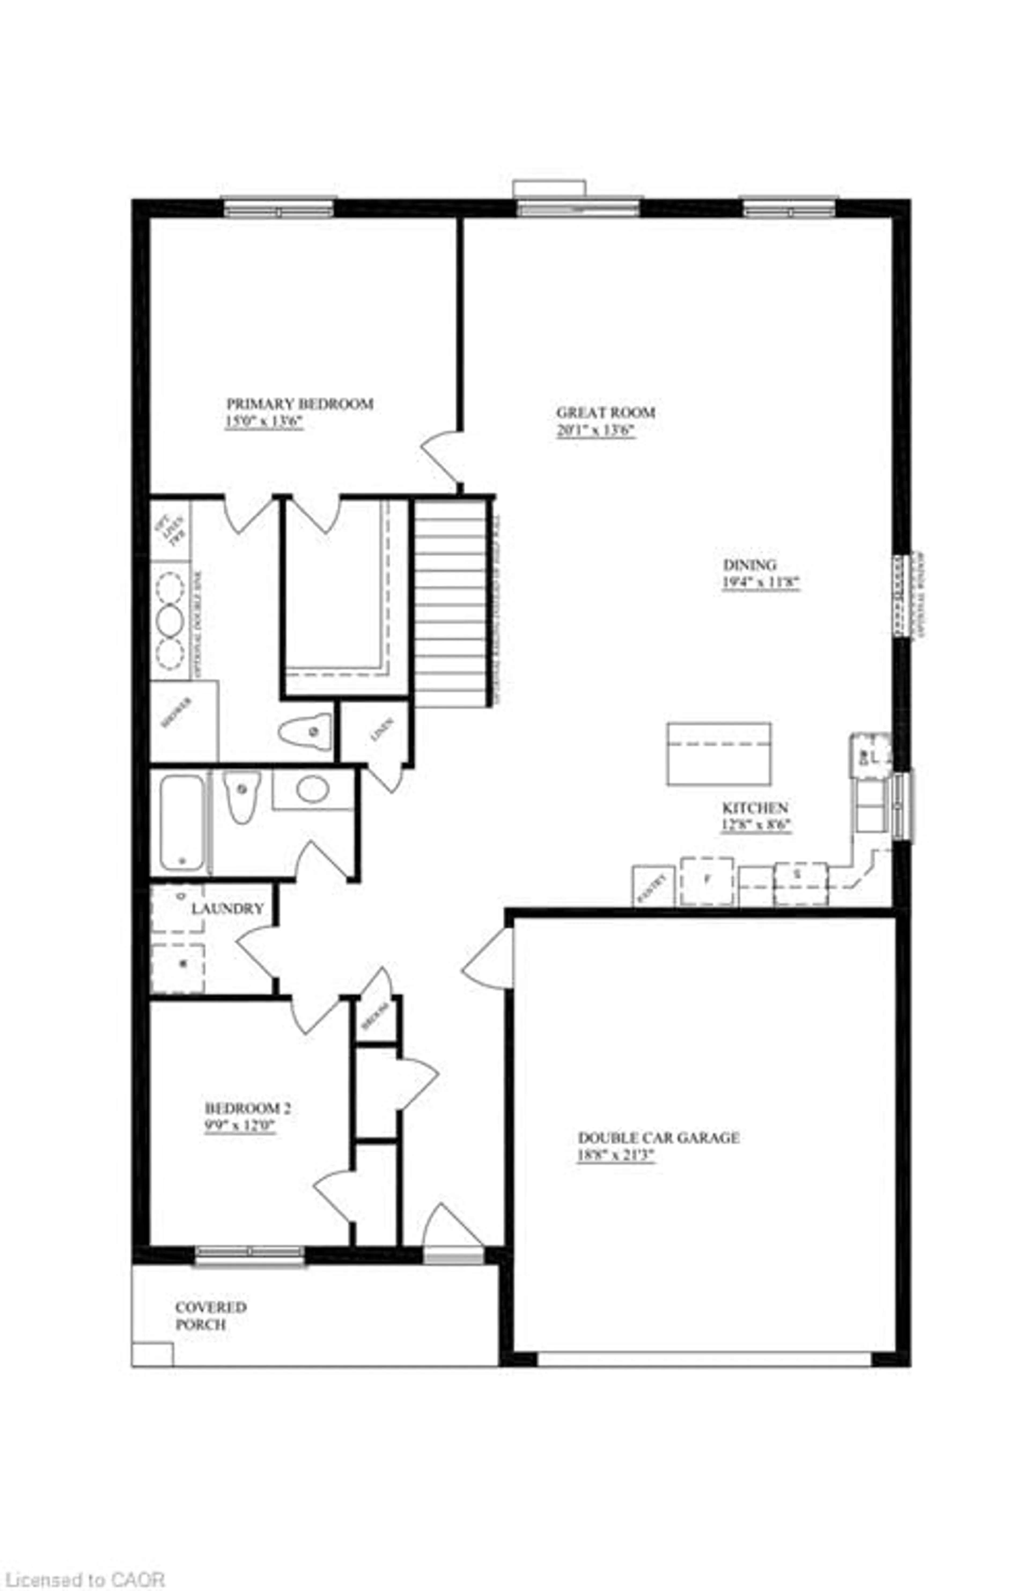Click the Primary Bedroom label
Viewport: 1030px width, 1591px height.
(x=300, y=404)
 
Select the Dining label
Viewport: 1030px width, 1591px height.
(x=749, y=564)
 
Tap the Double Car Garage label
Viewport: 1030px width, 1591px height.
(x=658, y=1138)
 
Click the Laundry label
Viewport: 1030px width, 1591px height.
(x=227, y=908)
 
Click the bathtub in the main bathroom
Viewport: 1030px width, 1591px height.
(x=182, y=822)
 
